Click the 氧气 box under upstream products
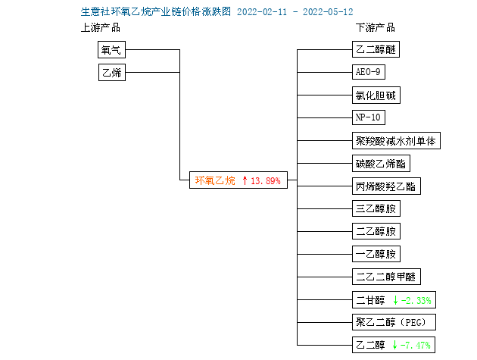111,50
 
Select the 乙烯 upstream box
112,72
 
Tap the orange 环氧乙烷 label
215,180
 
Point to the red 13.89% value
265,181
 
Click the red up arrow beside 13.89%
245,180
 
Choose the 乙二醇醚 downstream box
376,49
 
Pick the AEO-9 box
369,72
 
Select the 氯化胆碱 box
376,95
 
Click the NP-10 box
369,117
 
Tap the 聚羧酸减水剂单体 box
396,141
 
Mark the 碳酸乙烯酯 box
381,164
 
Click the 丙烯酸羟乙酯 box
386,186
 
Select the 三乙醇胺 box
376,208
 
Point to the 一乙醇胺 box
376,254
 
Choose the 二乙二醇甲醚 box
386,277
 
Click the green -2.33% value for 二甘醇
416,301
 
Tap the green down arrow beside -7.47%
394,345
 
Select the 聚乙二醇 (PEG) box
394,322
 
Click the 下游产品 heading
376,28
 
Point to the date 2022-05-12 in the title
328,12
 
